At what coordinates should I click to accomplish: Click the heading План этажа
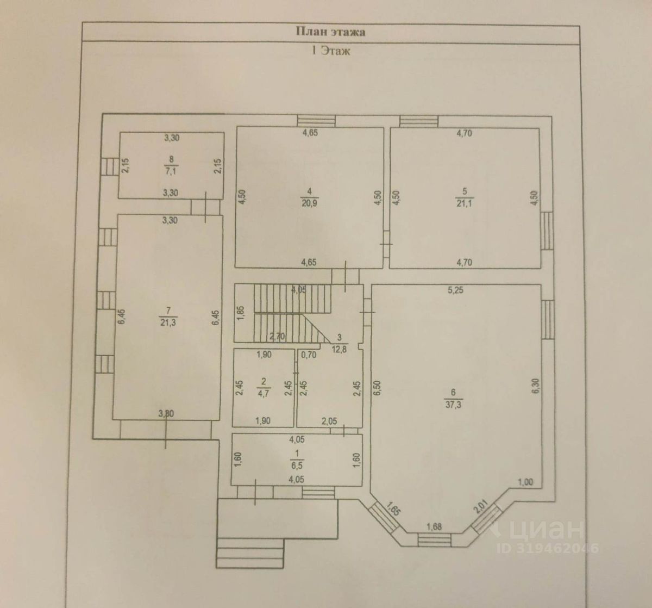(x=330, y=32)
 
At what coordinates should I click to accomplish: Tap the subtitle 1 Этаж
(x=330, y=52)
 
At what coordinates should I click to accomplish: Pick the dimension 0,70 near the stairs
(x=309, y=356)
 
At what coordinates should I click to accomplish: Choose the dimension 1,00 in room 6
(x=526, y=481)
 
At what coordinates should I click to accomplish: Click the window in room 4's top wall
(x=316, y=121)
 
